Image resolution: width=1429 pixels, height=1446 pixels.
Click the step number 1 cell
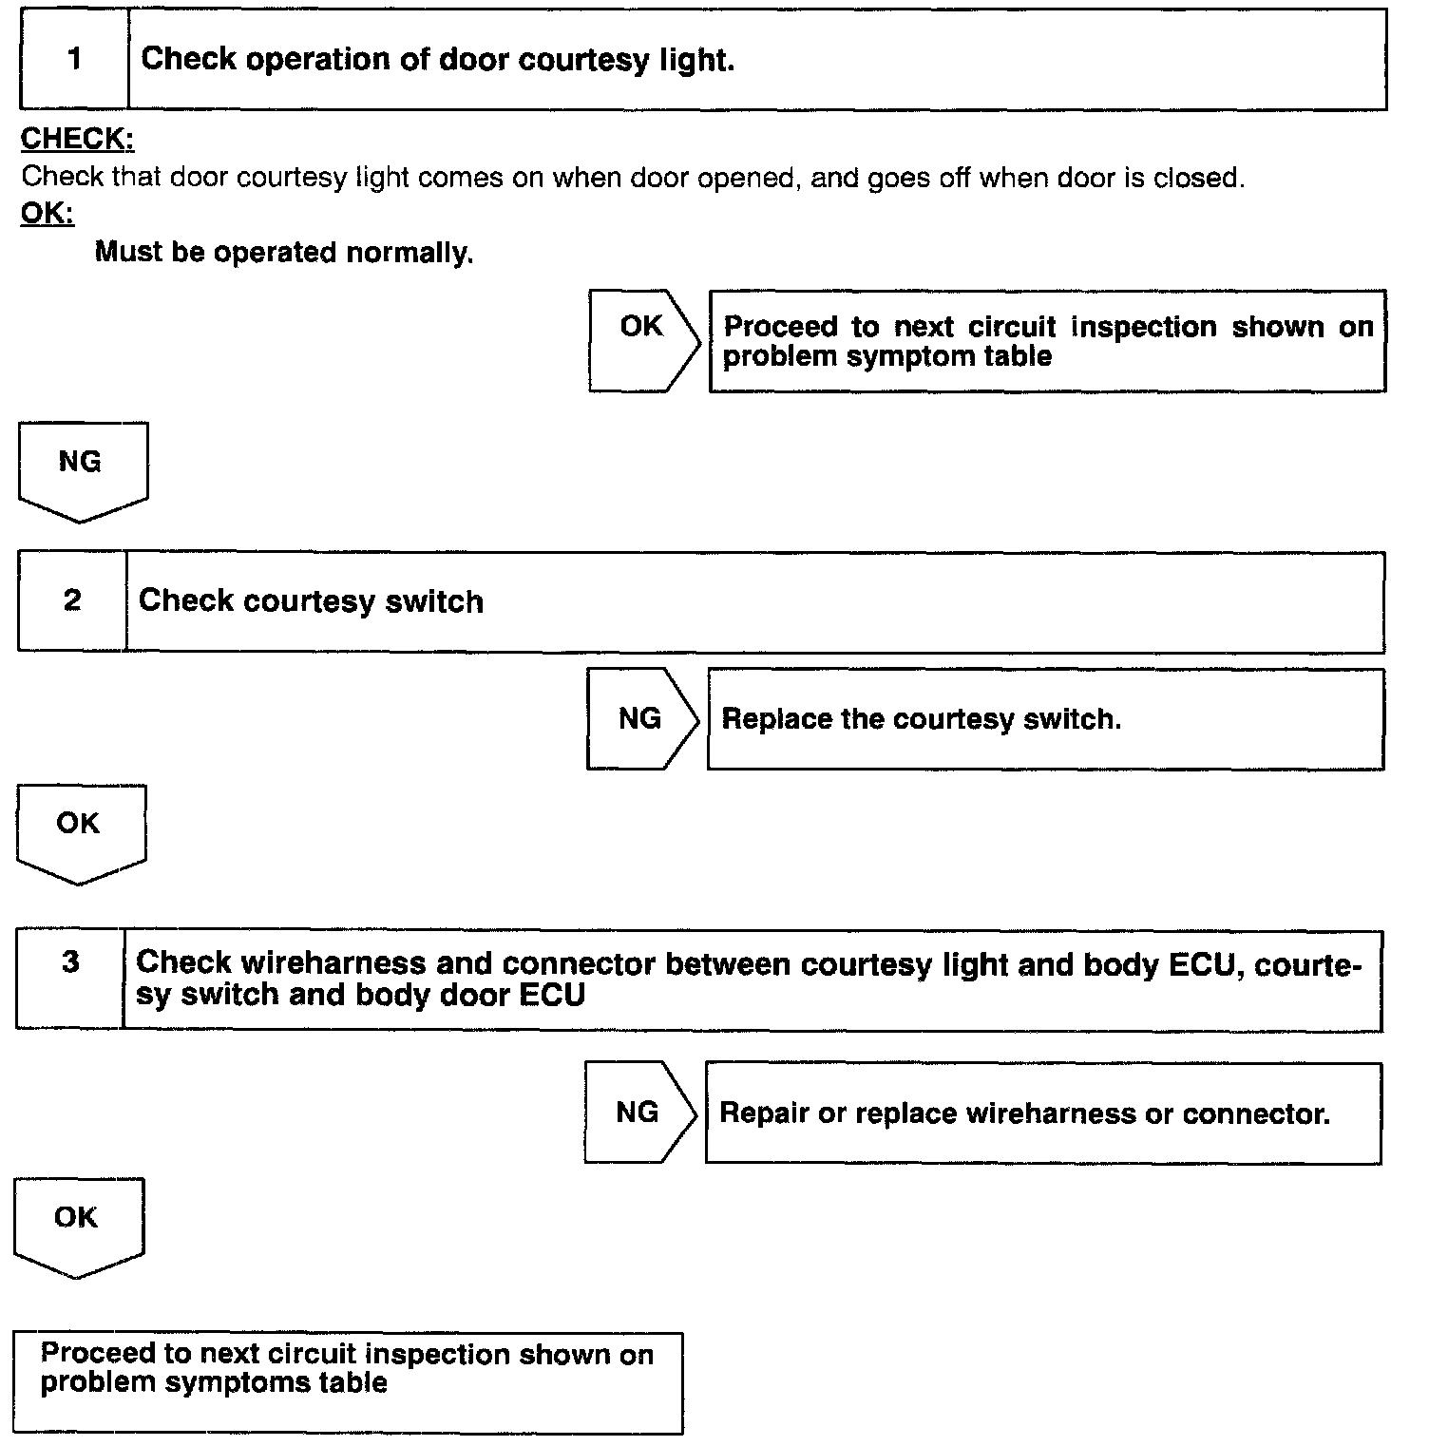pyautogui.click(x=74, y=60)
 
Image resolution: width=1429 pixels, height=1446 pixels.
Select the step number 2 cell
pyautogui.click(x=72, y=601)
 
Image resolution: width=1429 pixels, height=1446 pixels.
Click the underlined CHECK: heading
pyautogui.click(x=77, y=140)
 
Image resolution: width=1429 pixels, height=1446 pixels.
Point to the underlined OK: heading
pyautogui.click(x=47, y=214)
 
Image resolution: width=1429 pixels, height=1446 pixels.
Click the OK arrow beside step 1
pyautogui.click(x=643, y=340)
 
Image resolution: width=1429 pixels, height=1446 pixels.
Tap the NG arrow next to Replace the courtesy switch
pyautogui.click(x=641, y=719)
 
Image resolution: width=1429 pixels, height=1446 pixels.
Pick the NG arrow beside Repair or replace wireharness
pyautogui.click(x=639, y=1113)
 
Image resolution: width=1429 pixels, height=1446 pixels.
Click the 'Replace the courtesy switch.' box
pyautogui.click(x=1045, y=719)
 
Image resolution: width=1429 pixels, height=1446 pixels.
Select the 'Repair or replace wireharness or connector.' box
pyautogui.click(x=1042, y=1113)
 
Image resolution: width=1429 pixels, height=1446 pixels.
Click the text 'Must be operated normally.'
pyautogui.click(x=284, y=254)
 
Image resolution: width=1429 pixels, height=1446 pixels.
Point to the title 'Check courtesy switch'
pyautogui.click(x=311, y=601)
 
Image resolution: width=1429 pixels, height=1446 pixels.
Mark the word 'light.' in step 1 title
pyautogui.click(x=696, y=60)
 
